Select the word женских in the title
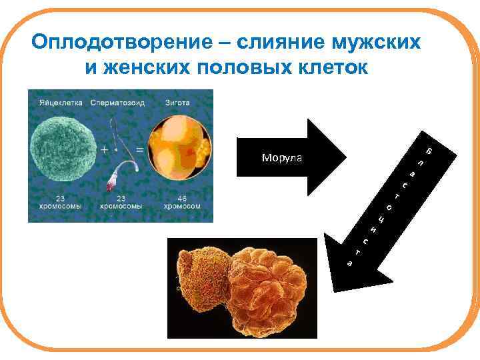pos(152,67)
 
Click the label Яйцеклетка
pos(59,103)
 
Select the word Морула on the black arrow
pos(281,158)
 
